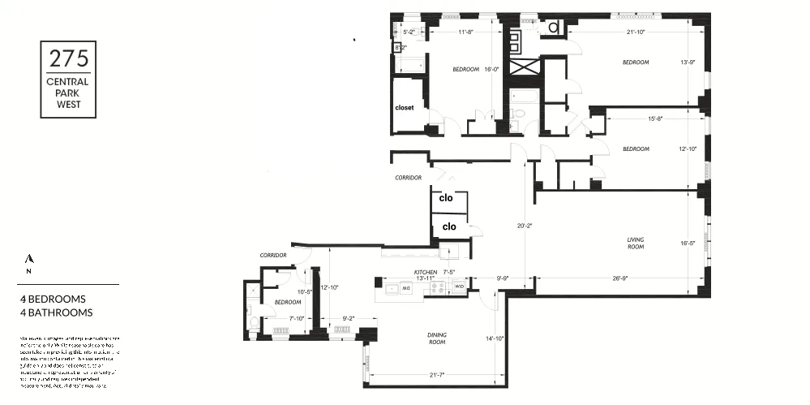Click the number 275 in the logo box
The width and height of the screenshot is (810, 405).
(68, 59)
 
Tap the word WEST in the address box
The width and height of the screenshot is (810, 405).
(68, 104)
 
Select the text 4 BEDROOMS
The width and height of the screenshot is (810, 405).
(53, 299)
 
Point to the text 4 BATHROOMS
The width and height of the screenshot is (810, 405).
(56, 312)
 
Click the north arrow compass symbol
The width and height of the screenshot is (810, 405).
(29, 259)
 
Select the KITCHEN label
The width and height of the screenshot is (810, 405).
(426, 272)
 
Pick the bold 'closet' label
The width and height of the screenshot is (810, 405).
(405, 107)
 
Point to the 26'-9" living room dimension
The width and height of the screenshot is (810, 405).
(620, 278)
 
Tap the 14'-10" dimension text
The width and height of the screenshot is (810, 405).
(495, 338)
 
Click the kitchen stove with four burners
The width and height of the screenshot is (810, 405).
(439, 287)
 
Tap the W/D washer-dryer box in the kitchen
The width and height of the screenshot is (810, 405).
(458, 287)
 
